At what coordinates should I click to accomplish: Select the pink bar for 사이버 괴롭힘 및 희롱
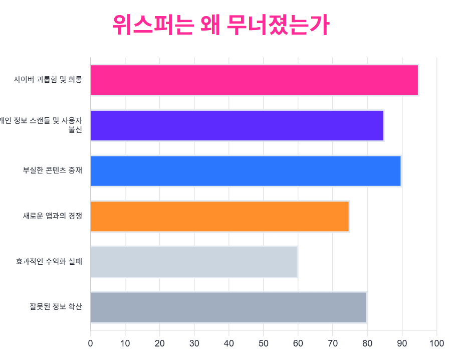tap(254, 80)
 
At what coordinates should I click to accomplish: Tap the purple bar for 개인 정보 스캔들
tap(237, 125)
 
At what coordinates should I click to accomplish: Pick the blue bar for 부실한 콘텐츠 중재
tap(246, 171)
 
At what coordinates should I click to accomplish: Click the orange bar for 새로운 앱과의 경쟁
tap(219, 216)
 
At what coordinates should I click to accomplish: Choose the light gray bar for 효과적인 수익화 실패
tap(193, 262)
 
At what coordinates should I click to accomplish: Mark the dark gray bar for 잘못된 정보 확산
tap(228, 307)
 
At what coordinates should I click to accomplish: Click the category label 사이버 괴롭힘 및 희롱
tap(48, 80)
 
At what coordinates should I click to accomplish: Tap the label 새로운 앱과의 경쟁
tap(53, 216)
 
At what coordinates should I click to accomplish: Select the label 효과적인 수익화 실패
tap(49, 262)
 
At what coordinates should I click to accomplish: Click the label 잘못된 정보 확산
tap(56, 307)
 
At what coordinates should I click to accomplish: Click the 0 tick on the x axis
tap(90, 343)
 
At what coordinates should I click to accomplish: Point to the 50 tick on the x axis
tap(264, 343)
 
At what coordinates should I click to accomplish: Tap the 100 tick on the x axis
tap(437, 343)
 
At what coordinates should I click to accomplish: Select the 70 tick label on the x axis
tap(333, 343)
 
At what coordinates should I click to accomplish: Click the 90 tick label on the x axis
tap(402, 343)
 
